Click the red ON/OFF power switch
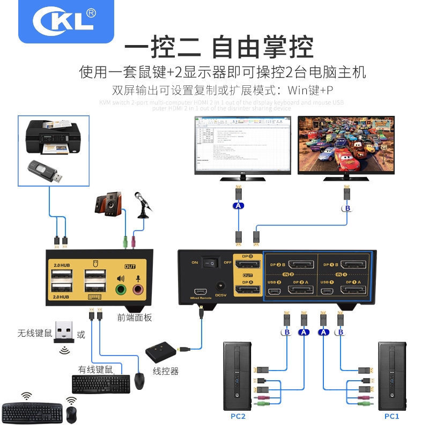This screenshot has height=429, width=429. coord(213,263)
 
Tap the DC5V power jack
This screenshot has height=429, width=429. coord(218,287)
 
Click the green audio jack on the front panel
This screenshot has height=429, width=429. coord(121,290)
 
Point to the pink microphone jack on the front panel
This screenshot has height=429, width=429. coord(138,290)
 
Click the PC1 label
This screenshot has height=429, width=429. coord(391,416)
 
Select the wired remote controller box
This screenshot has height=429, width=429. coord(163,352)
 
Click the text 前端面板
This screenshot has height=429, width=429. coord(134,317)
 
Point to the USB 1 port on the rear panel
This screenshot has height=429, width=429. coord(327,291)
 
